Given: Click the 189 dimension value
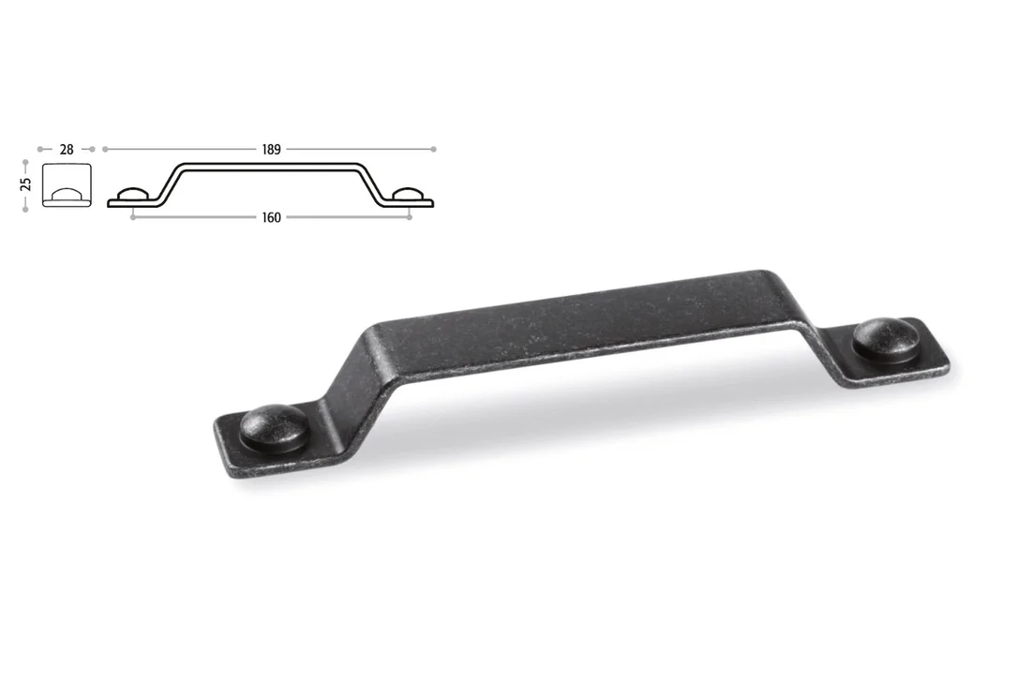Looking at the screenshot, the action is tap(272, 149).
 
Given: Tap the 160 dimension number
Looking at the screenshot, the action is tap(272, 217).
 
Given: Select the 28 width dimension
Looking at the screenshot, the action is tap(67, 149).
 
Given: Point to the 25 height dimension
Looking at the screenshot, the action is tap(25, 184).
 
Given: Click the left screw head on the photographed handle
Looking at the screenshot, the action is tap(274, 427).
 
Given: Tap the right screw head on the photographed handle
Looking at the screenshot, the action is tap(886, 339).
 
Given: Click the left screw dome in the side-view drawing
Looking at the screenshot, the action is tap(133, 194).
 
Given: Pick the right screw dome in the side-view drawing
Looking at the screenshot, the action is tap(409, 194).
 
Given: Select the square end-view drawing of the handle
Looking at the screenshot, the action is tap(67, 184).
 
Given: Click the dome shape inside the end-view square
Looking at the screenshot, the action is tap(67, 194).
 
